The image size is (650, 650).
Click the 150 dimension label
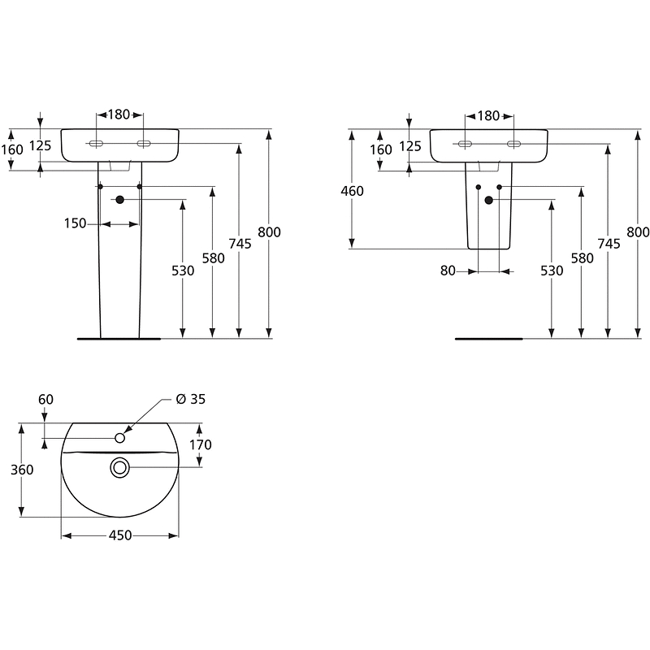pos(75,224)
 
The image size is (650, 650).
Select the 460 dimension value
pos(353,191)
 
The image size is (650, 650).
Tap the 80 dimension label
pos(448,271)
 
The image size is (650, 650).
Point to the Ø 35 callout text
pos(192,398)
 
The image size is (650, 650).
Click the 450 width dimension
pos(120,535)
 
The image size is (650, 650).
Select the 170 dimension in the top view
pos(200,444)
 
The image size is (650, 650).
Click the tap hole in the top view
pos(119,438)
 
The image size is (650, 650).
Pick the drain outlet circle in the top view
pos(120,466)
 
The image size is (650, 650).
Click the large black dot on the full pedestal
pos(119,200)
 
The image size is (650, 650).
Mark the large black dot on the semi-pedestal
pos(488,200)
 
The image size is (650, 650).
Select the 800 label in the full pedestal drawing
pos(269,232)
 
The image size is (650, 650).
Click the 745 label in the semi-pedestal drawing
pos(609,243)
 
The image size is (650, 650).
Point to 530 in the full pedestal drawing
pos(183,271)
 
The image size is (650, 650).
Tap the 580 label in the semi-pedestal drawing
pos(582,258)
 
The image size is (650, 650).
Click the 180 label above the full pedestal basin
pos(119,115)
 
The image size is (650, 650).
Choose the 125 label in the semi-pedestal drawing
pos(410,146)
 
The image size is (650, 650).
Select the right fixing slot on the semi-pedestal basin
pos(513,144)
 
